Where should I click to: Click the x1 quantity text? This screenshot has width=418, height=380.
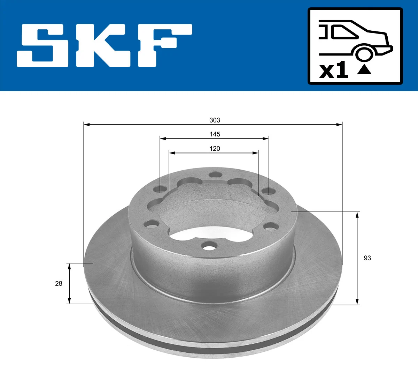(334, 70)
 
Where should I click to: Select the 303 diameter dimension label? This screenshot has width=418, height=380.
(215, 120)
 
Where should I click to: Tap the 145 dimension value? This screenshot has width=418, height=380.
(215, 134)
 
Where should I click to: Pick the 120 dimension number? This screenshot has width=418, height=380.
(215, 149)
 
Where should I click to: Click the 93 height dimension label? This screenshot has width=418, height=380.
(367, 258)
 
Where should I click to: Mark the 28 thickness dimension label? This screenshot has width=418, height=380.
(59, 283)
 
